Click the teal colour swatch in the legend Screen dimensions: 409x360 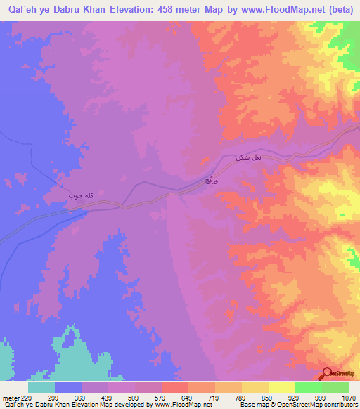tap(41, 387)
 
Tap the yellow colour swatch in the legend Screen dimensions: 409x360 tap(281, 387)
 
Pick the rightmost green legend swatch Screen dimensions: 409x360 tap(335, 387)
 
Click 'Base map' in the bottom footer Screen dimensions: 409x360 tap(252, 405)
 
